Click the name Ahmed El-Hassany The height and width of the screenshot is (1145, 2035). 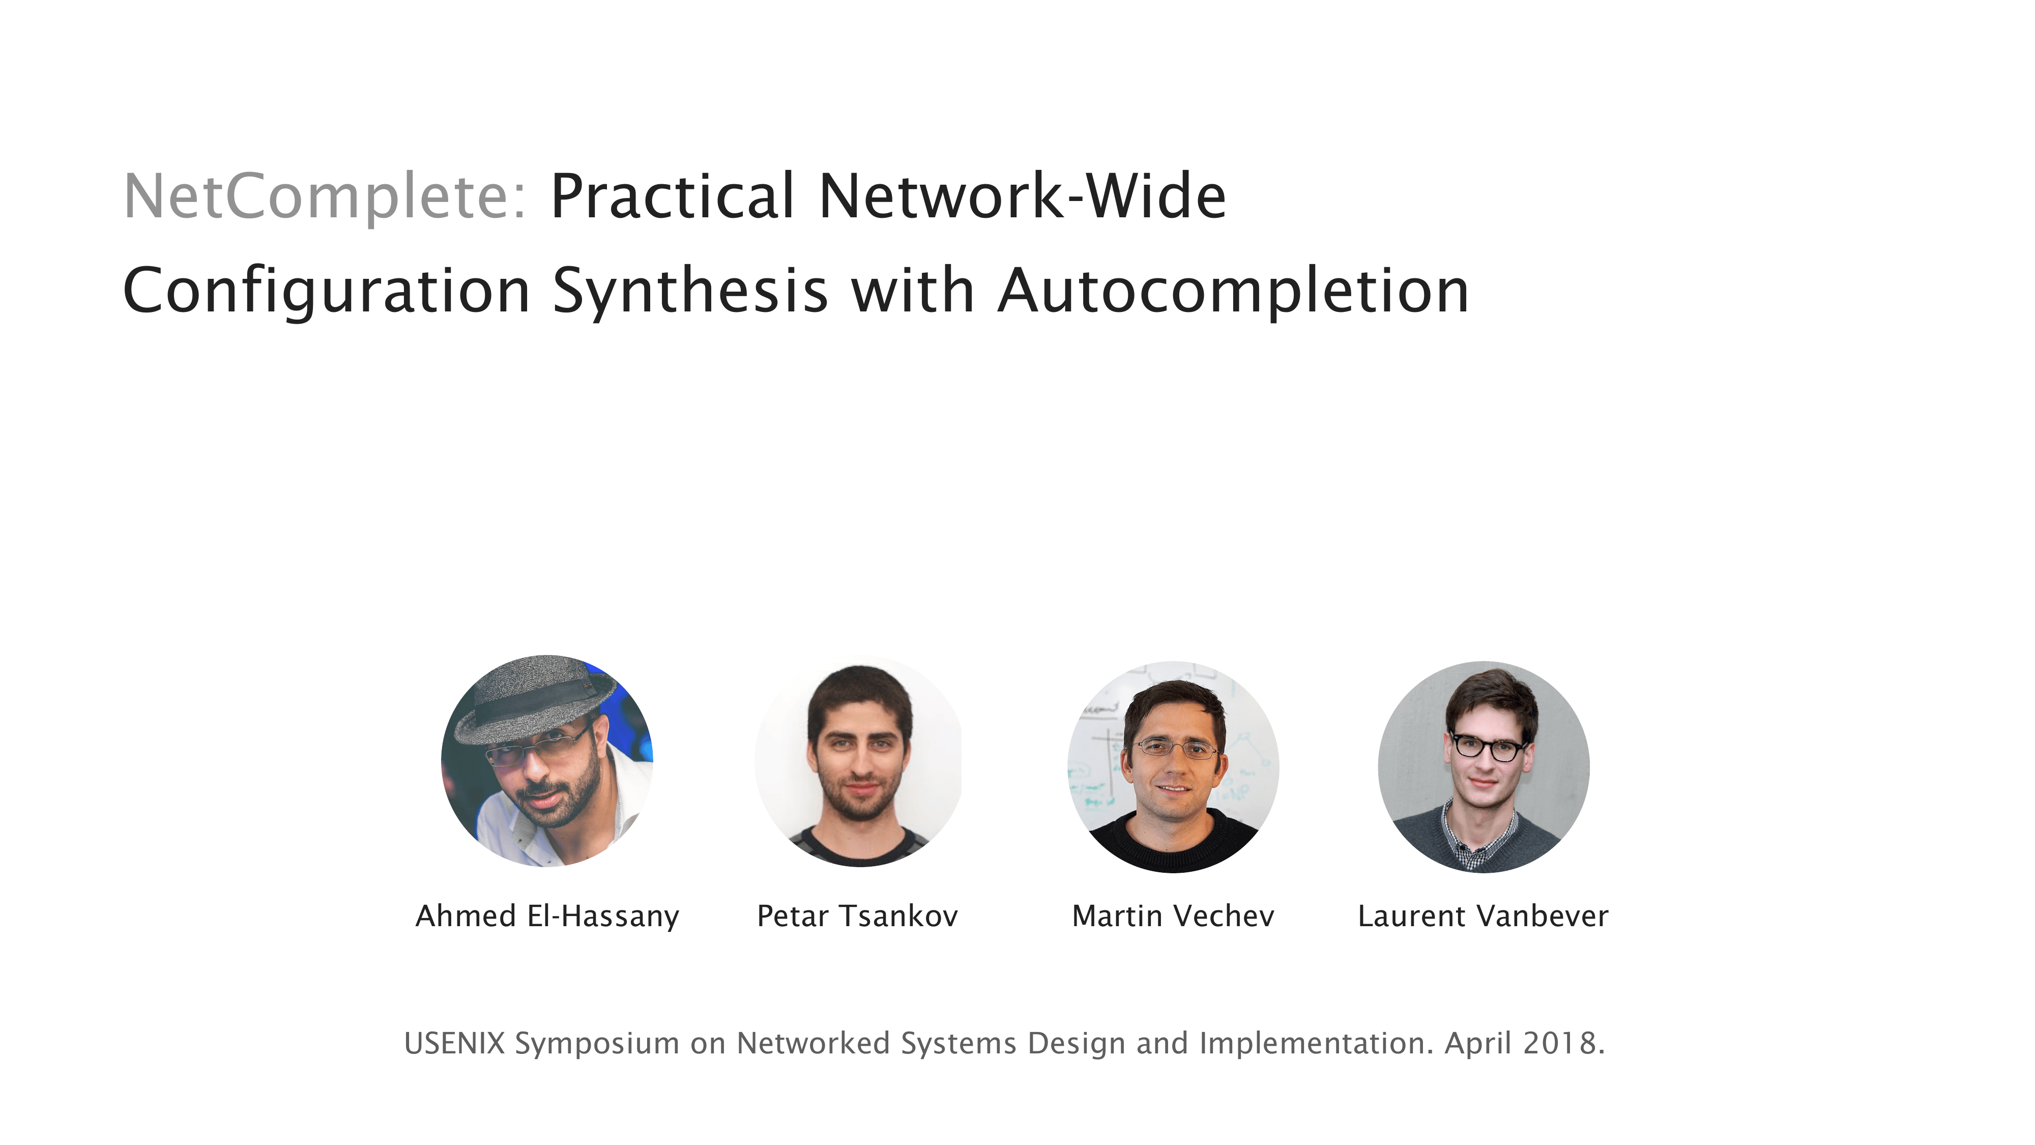click(547, 917)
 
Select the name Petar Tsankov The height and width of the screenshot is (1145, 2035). click(857, 917)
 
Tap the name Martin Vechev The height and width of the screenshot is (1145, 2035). click(1173, 917)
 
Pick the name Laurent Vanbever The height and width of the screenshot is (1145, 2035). click(1483, 917)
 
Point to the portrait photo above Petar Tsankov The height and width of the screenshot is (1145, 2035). click(859, 761)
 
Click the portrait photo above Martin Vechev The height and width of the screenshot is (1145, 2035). click(1173, 766)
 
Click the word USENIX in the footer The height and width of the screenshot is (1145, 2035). click(454, 1043)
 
